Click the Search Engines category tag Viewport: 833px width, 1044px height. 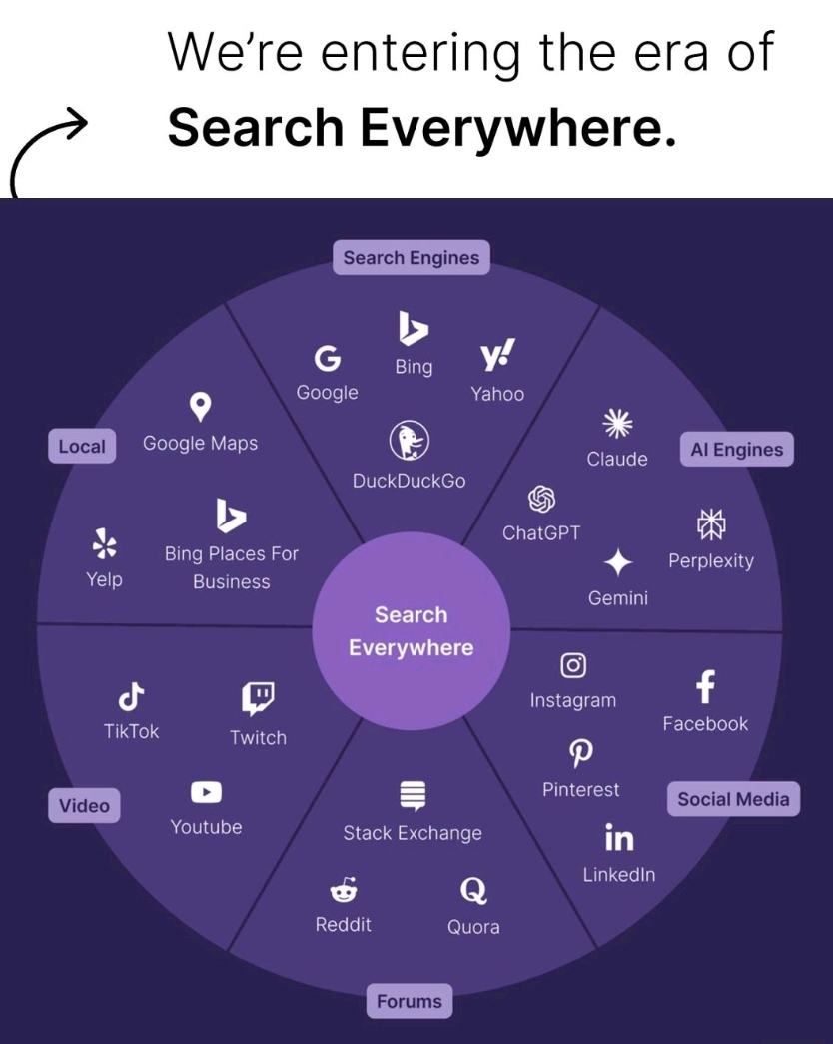pyautogui.click(x=411, y=258)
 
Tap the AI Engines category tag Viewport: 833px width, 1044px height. pyautogui.click(x=737, y=450)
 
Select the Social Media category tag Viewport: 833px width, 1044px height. pyautogui.click(x=733, y=799)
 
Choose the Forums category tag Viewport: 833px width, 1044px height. pyautogui.click(x=410, y=1001)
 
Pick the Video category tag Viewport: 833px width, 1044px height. pyautogui.click(x=84, y=805)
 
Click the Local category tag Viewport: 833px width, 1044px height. pyautogui.click(x=81, y=447)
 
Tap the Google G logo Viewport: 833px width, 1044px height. pyautogui.click(x=327, y=359)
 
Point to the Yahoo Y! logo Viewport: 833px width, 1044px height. pyautogui.click(x=497, y=356)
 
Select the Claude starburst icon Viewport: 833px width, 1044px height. pyautogui.click(x=617, y=424)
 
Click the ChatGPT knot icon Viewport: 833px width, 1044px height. pyautogui.click(x=540, y=498)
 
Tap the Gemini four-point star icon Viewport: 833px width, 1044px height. pyautogui.click(x=618, y=563)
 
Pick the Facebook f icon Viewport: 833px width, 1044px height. pyautogui.click(x=705, y=687)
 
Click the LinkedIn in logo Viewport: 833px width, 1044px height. pyautogui.click(x=619, y=838)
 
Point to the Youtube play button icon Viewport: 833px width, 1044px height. pyautogui.click(x=206, y=792)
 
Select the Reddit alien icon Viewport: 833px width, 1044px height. pyautogui.click(x=343, y=889)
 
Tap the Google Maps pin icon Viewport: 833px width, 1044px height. pyautogui.click(x=201, y=406)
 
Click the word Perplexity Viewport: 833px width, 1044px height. pyautogui.click(x=710, y=561)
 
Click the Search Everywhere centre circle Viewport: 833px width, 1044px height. pyautogui.click(x=411, y=631)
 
